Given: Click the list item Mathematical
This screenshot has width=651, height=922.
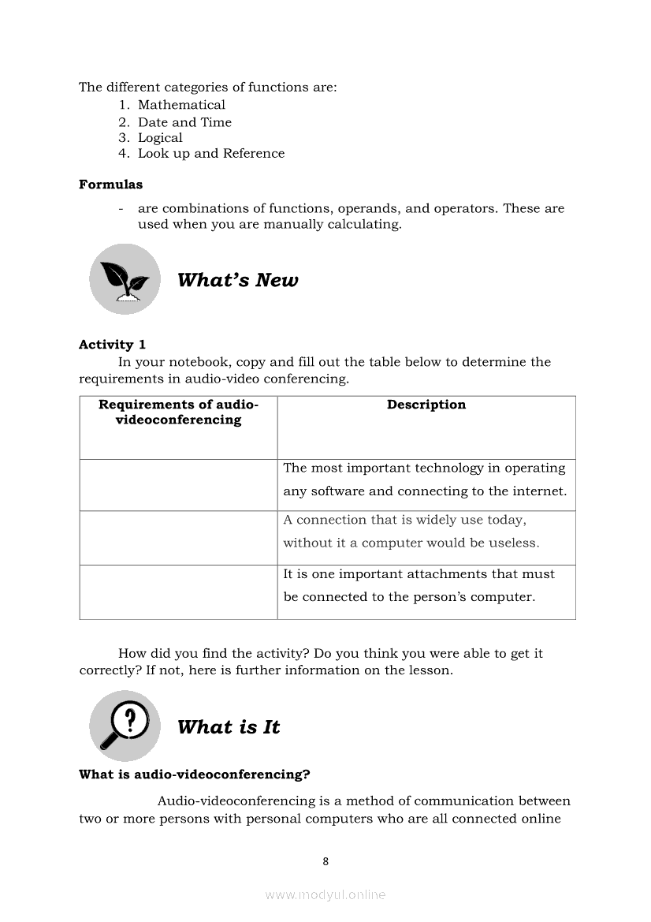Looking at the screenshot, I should [x=181, y=105].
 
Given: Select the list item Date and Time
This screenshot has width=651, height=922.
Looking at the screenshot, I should [x=184, y=122].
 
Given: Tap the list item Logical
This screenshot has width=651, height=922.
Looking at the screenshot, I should [x=160, y=137].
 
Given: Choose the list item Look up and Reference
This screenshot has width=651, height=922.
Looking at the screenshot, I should [x=211, y=153].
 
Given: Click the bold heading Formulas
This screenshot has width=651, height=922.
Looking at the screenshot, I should [x=111, y=185].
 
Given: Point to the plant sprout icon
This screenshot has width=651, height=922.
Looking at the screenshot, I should [x=125, y=279].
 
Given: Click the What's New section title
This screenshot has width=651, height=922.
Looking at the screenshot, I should [x=238, y=280].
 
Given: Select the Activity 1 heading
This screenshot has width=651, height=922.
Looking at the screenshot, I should [x=112, y=344].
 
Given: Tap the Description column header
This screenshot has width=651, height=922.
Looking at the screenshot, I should [x=426, y=405].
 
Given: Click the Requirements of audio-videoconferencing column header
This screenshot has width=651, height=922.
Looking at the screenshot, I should [x=178, y=412].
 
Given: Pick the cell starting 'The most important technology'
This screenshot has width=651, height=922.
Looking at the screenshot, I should [x=425, y=480].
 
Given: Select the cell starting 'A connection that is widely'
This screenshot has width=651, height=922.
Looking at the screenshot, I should [x=411, y=532].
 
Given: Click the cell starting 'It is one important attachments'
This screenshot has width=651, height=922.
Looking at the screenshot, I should [x=418, y=585].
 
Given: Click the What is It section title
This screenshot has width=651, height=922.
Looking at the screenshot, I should [x=229, y=727].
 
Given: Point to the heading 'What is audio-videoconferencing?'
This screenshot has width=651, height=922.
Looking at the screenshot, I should [x=195, y=775].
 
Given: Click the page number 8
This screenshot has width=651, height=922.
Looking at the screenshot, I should [x=325, y=861].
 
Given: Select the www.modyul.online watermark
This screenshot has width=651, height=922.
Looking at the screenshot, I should [x=325, y=894].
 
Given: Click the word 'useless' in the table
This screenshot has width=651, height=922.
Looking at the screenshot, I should [x=515, y=543].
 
